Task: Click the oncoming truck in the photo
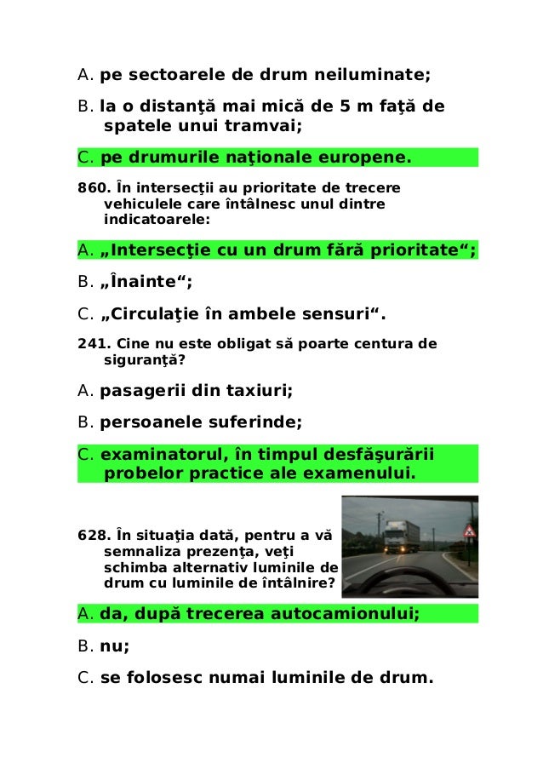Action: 399,538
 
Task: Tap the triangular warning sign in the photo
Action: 467,531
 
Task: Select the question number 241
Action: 89,344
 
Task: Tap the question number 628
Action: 89,536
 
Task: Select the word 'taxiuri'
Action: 259,391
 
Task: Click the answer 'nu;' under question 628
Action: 114,646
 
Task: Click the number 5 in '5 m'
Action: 344,107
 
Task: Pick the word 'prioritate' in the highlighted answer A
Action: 413,250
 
